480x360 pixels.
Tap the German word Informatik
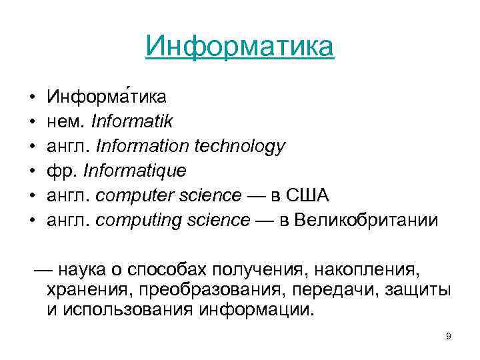(132, 121)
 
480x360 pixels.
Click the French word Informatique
(135, 171)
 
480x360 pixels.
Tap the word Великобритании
(366, 220)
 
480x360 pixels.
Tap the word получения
(249, 270)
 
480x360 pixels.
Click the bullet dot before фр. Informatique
(32, 171)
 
